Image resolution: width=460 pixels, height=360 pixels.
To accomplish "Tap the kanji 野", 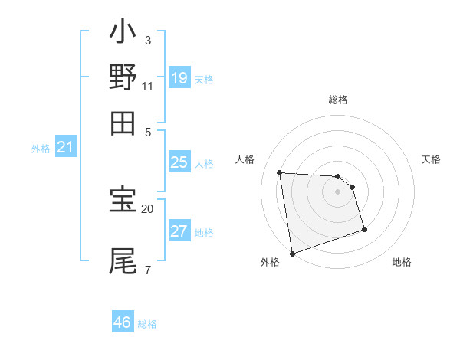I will [x=123, y=77].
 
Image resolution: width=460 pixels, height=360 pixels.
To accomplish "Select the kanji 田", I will [x=123, y=122].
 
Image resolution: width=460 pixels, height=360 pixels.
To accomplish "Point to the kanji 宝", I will [x=123, y=201].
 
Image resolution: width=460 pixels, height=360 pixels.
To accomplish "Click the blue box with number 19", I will [x=179, y=78].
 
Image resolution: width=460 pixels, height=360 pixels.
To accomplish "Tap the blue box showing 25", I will [x=179, y=162].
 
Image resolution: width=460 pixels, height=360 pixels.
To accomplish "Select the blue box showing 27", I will [x=179, y=231].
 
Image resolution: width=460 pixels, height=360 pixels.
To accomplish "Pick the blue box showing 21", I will [x=65, y=148].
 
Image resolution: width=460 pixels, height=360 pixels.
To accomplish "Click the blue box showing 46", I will [x=123, y=322].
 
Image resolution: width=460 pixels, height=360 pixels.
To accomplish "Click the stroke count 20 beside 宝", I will [x=147, y=208].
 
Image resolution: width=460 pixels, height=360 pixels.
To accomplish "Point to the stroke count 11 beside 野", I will [x=147, y=86].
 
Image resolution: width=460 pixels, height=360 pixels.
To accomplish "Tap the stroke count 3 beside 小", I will [x=147, y=40].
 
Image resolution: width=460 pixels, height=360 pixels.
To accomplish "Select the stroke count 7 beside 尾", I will [x=147, y=270].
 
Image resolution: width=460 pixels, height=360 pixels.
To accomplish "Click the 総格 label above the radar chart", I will [x=337, y=100].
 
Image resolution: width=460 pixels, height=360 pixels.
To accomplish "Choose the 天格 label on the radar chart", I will [x=431, y=159].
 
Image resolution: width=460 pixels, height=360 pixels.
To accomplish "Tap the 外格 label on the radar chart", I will [x=269, y=263].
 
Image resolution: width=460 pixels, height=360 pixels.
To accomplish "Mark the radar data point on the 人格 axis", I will [x=280, y=172].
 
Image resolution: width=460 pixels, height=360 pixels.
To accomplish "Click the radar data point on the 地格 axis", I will [x=364, y=229].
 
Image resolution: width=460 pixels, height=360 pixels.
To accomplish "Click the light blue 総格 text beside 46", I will [x=147, y=324].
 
